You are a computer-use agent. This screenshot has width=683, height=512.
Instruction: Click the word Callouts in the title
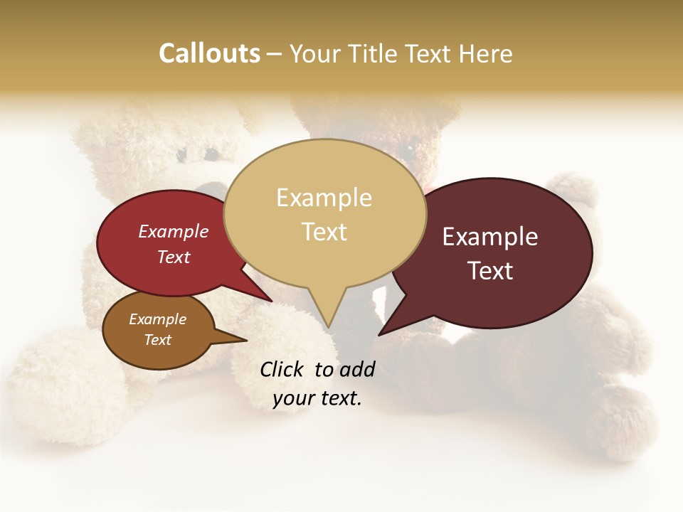209,53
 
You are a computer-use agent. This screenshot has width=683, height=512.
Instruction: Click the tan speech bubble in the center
324,213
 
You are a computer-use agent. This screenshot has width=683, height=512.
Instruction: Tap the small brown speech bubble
158,330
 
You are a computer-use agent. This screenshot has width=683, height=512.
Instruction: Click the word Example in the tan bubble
324,198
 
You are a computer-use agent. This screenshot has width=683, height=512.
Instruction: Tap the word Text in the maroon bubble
491,271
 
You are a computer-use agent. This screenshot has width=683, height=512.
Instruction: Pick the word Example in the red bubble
174,232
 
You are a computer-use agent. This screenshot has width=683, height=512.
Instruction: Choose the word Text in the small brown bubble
158,340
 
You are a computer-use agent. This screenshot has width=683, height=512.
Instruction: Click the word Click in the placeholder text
282,368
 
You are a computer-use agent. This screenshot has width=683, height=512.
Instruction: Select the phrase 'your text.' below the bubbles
317,399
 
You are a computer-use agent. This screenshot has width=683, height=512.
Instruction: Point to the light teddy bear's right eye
211,154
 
